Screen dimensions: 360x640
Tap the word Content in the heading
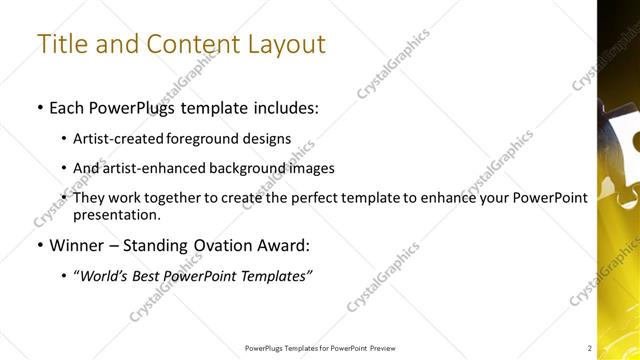point(190,45)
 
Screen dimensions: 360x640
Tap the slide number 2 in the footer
point(590,348)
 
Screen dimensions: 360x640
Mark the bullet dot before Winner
point(38,246)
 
